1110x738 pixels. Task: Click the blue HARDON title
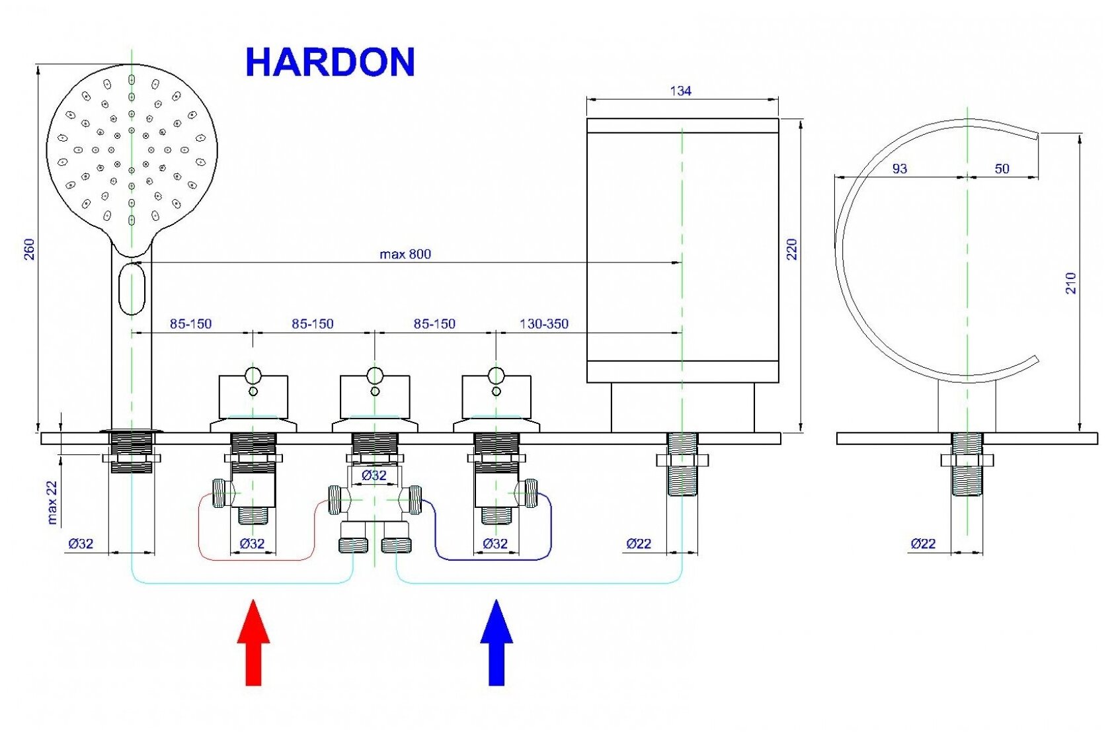click(x=329, y=63)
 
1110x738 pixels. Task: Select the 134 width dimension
click(x=680, y=91)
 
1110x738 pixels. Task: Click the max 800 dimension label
click(x=405, y=254)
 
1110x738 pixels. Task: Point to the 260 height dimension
click(x=29, y=249)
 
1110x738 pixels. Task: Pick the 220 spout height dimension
click(x=791, y=249)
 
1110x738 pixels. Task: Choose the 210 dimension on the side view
click(x=1070, y=283)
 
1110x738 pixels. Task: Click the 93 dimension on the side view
click(x=899, y=169)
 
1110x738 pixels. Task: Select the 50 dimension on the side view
click(x=1002, y=169)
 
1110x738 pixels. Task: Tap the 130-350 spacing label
click(x=543, y=324)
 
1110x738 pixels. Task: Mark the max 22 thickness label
click(x=52, y=503)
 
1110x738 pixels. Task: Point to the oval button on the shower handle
click(x=132, y=288)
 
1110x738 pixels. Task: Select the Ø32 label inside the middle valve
click(x=374, y=475)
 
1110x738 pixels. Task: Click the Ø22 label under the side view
click(x=923, y=544)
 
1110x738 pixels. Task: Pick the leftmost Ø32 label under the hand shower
click(x=81, y=544)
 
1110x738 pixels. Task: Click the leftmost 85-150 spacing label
click(x=190, y=324)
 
